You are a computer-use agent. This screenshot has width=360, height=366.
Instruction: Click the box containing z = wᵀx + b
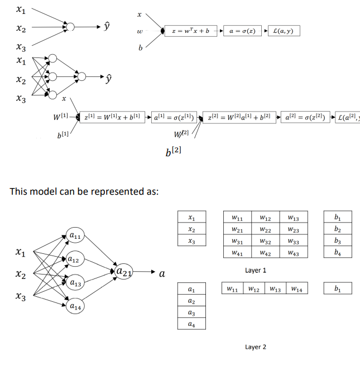pos(190,31)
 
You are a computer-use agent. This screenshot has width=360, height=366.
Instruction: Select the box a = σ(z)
pos(242,31)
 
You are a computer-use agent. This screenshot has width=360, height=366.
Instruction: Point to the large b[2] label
pos(174,151)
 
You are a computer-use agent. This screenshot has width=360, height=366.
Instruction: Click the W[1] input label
pos(60,117)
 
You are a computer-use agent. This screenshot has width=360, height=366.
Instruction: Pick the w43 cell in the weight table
pos(293,253)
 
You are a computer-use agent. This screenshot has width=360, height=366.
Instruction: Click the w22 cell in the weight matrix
pos(266,229)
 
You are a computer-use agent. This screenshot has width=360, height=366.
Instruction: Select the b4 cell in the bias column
pos(337,253)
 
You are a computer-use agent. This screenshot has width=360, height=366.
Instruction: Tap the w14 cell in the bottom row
pos(296,289)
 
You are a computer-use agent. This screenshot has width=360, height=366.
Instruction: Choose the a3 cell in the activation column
pos(191,312)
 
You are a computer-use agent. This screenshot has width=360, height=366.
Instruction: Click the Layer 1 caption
pos(256,270)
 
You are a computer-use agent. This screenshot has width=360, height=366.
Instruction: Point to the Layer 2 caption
pos(256,347)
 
